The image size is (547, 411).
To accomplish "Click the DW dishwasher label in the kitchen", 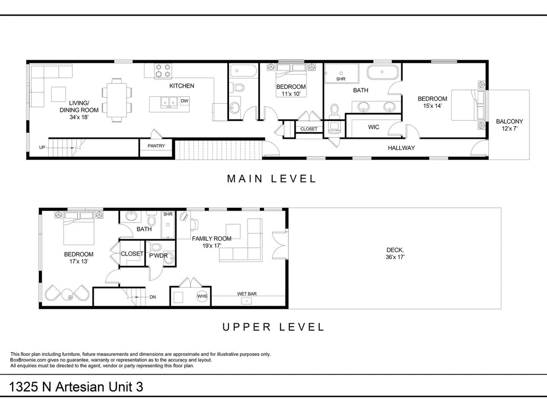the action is click(x=185, y=101).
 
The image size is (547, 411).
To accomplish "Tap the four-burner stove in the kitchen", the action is click(x=163, y=71).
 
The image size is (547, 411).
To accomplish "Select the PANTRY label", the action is click(x=156, y=146).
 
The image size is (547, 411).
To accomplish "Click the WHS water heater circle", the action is click(x=202, y=296).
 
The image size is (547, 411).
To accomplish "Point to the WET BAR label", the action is click(x=247, y=294).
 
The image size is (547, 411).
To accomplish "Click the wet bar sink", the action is click(x=247, y=301).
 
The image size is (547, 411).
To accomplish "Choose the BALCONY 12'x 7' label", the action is click(x=509, y=125).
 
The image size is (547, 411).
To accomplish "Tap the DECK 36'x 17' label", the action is click(x=395, y=253).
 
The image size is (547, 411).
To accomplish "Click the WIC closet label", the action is click(x=373, y=127).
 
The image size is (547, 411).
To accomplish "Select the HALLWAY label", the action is click(x=401, y=148).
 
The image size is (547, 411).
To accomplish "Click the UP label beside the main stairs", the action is click(x=42, y=147).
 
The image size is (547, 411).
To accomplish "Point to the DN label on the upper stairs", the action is click(x=153, y=297).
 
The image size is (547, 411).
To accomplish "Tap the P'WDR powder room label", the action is click(x=158, y=256).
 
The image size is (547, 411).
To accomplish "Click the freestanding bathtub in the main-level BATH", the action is click(x=382, y=72).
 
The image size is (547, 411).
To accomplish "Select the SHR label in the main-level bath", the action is click(x=341, y=79).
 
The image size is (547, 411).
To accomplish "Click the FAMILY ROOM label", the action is click(x=212, y=238).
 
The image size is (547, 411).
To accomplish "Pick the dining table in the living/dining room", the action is click(x=117, y=100).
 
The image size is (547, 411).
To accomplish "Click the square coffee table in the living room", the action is click(x=59, y=94).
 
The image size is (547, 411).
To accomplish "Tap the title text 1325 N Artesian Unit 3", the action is click(x=76, y=387).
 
